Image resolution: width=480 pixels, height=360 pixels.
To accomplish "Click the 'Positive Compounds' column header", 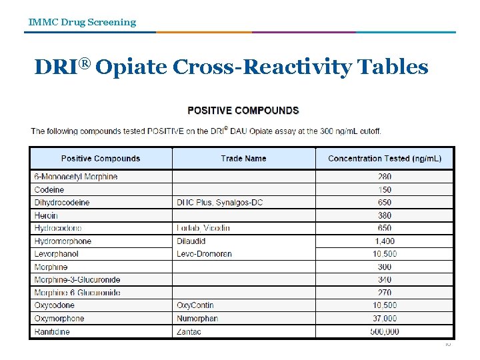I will point(101,159).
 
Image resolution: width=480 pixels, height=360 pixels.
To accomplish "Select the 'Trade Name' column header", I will point(243,159).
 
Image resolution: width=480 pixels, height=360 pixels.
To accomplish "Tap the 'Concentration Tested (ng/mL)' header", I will point(385,159).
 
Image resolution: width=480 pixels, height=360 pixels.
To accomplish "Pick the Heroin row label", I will point(46,215).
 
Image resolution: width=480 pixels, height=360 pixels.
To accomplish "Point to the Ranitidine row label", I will point(52,331).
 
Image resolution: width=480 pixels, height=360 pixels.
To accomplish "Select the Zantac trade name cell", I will point(189,331).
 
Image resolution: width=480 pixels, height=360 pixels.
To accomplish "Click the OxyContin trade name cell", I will point(195,305).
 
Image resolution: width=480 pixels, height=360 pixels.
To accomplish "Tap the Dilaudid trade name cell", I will point(191,241).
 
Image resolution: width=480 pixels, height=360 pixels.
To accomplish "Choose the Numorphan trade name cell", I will point(197,319).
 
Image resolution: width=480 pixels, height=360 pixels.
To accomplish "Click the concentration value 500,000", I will point(385,331).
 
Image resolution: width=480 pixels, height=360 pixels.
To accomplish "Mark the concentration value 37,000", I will point(385,319).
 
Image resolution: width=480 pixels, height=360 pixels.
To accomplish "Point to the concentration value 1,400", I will point(385,241).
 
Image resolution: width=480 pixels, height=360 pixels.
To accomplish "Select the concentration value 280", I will point(385,177).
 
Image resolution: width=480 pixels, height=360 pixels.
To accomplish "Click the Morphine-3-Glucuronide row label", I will point(77,280).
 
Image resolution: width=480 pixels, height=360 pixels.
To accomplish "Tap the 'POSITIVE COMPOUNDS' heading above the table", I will point(243,111).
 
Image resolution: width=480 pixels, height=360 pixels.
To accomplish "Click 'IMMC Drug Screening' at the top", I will point(82,22).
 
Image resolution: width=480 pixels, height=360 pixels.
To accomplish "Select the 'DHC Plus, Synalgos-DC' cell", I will point(220,203).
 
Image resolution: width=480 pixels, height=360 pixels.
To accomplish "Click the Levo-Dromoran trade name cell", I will point(204,254).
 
